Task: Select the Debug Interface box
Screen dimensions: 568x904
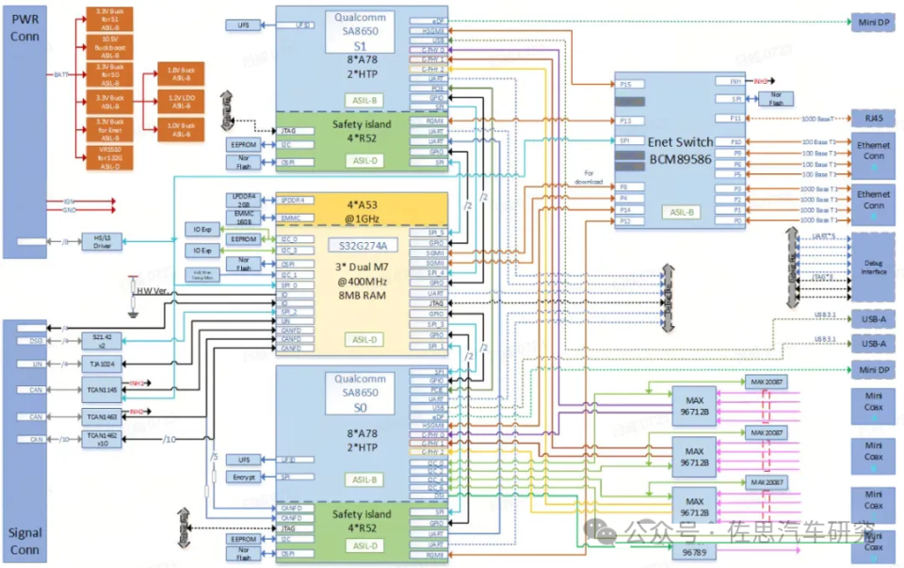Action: pyautogui.click(x=873, y=267)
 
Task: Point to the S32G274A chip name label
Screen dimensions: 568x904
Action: pyautogui.click(x=362, y=246)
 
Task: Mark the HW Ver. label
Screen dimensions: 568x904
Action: pyautogui.click(x=152, y=291)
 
